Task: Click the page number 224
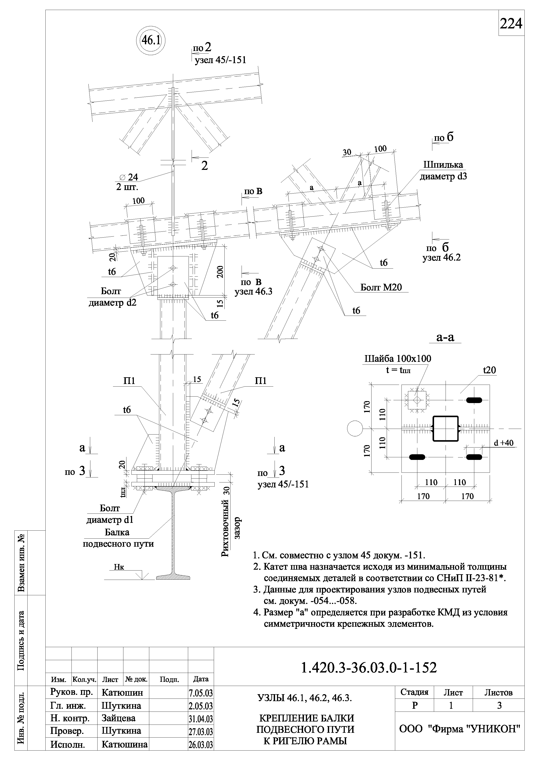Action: tap(511, 24)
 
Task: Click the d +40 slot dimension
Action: tap(504, 443)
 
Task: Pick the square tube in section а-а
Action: tap(445, 429)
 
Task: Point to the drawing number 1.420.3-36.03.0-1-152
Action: tap(369, 668)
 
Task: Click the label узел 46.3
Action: tap(253, 293)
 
